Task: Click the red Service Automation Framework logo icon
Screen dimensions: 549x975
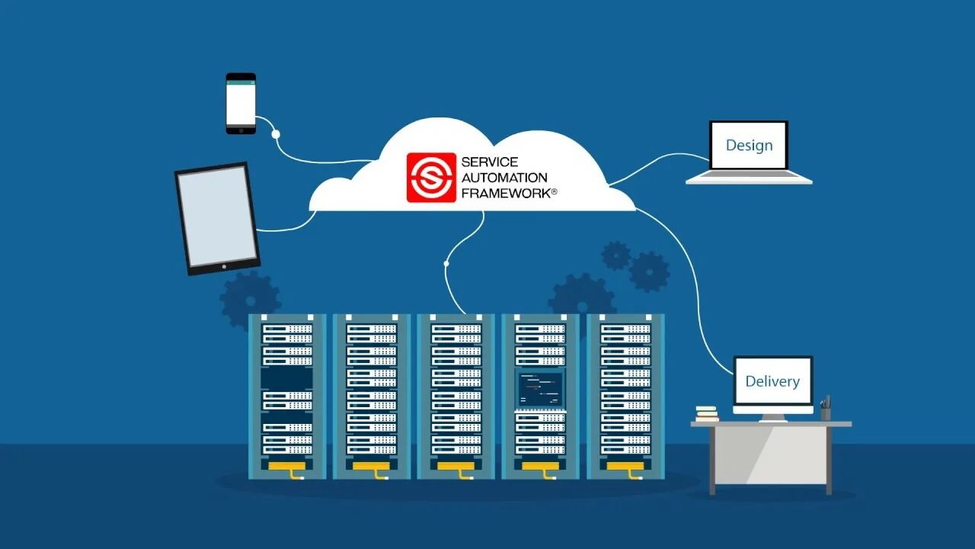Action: [x=430, y=178]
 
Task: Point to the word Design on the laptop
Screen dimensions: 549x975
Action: [x=749, y=145]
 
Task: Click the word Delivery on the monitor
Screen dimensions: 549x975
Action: [x=772, y=381]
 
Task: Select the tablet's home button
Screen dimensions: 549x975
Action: [x=223, y=266]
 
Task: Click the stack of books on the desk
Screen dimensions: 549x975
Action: [x=707, y=413]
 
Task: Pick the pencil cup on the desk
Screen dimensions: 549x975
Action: [x=826, y=413]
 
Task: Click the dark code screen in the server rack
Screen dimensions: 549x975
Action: [x=539, y=389]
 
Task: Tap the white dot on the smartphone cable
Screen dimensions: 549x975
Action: [x=276, y=134]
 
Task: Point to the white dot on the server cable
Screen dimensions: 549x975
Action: [x=446, y=264]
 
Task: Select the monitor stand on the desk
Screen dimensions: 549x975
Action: [x=773, y=417]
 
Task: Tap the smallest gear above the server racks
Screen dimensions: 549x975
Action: [x=615, y=255]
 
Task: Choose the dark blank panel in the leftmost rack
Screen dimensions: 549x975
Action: [x=287, y=379]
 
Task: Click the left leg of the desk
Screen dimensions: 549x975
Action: [x=713, y=461]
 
